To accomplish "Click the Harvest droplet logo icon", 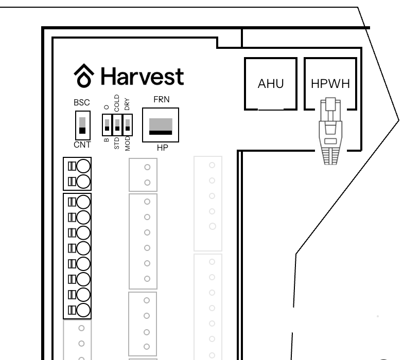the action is [x=84, y=76].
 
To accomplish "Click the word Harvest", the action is [x=143, y=76].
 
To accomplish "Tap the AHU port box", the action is [x=271, y=84].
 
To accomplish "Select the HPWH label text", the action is [x=330, y=84].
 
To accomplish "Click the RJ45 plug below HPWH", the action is [x=330, y=131].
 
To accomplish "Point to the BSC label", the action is [x=82, y=102].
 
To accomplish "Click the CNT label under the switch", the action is [x=82, y=145].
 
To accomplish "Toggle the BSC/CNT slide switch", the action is [x=82, y=125].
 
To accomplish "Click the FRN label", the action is [x=162, y=99].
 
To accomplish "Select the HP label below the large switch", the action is [x=163, y=148].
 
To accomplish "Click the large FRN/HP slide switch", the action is [x=161, y=125].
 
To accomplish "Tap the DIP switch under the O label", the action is [x=107, y=125].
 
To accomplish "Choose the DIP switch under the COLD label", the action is [x=117, y=125].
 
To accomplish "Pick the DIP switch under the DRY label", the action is [x=128, y=125].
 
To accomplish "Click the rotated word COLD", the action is [x=117, y=103].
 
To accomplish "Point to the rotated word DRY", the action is [x=127, y=104].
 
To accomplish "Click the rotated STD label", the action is [x=117, y=143].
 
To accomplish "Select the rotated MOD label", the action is [x=128, y=143].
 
